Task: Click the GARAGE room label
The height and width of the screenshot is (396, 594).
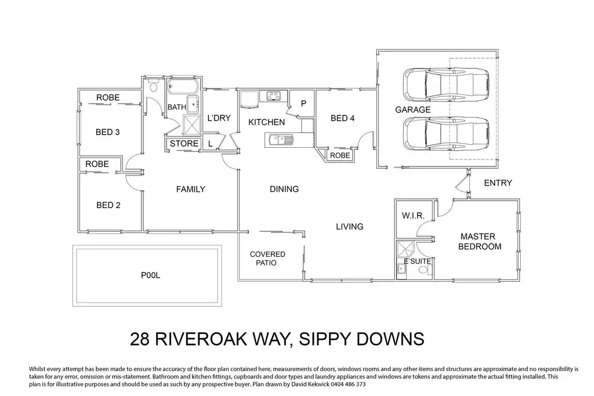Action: [x=412, y=110]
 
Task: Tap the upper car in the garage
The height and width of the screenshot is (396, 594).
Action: [x=446, y=85]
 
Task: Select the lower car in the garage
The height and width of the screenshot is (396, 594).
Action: [x=446, y=133]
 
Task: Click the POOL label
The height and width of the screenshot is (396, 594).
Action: [x=150, y=275]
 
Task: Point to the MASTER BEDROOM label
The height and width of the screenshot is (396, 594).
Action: [x=479, y=242]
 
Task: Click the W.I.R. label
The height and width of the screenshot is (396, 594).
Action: [x=413, y=216]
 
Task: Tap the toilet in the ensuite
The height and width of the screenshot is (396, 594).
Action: [x=424, y=270]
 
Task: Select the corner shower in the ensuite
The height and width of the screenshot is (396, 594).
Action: [x=405, y=250]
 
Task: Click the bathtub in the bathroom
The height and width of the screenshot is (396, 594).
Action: [x=183, y=87]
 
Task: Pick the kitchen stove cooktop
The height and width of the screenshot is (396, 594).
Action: [x=273, y=96]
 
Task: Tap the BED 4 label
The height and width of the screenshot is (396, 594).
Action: [x=342, y=118]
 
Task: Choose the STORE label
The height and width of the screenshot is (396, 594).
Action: [x=184, y=143]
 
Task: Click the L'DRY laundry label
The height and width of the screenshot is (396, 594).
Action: [x=219, y=118]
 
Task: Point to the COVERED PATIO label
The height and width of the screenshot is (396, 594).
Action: [x=267, y=259]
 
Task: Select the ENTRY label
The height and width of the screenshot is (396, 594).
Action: [x=498, y=183]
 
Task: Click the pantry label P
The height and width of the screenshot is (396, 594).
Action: [x=303, y=103]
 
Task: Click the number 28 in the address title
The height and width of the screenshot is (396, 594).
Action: [x=140, y=339]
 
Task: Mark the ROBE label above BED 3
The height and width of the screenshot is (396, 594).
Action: [x=108, y=97]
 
